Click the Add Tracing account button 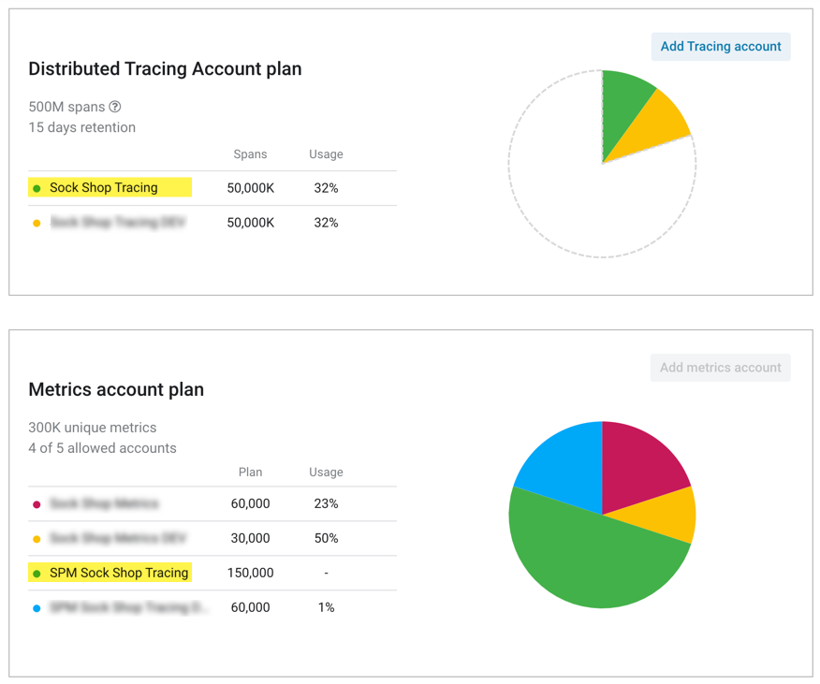tap(720, 47)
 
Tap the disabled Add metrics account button tap(720, 368)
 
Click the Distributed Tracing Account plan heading tap(165, 69)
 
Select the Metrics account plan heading tap(116, 390)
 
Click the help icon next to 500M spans tap(115, 107)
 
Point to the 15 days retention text tap(82, 127)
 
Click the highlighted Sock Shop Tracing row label tap(104, 188)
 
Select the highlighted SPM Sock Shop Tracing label tap(119, 573)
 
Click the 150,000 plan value tap(250, 573)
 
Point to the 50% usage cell tap(326, 538)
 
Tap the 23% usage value tap(326, 503)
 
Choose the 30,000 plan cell tap(250, 538)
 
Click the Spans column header tap(250, 154)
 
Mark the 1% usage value tap(326, 607)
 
